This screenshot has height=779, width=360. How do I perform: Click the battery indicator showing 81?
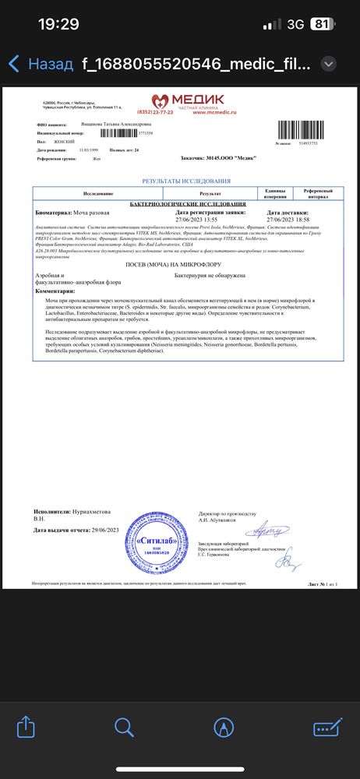(319, 24)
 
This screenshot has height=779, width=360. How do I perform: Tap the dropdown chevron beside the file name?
(329, 64)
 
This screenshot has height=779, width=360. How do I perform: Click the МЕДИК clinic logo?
(189, 99)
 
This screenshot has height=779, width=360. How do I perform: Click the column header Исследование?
(99, 192)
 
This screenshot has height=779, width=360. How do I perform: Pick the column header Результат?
(210, 192)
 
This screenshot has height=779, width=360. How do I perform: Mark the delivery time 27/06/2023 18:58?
(288, 219)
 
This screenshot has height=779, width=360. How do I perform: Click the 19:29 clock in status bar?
(58, 24)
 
